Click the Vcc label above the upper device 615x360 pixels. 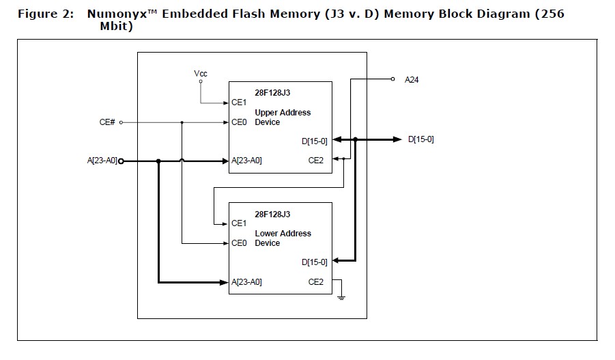point(201,73)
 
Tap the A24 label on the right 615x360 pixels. point(412,79)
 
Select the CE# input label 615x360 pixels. point(107,122)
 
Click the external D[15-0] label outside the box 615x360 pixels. point(421,139)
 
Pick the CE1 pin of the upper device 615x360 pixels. point(239,102)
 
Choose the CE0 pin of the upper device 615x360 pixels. point(239,122)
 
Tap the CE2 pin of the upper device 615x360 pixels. point(316,161)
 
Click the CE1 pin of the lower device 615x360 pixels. point(239,223)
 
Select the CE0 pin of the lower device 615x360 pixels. point(239,243)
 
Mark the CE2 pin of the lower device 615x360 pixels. point(316,281)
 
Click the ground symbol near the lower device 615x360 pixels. point(341,296)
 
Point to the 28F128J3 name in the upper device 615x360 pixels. point(272,92)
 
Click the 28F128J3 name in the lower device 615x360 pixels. point(272,214)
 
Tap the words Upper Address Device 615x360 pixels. point(282,117)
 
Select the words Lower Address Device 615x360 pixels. point(282,238)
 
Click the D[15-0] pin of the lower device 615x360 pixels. point(314,261)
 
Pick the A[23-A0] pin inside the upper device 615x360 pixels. point(246,161)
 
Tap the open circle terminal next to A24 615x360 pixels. point(392,79)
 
